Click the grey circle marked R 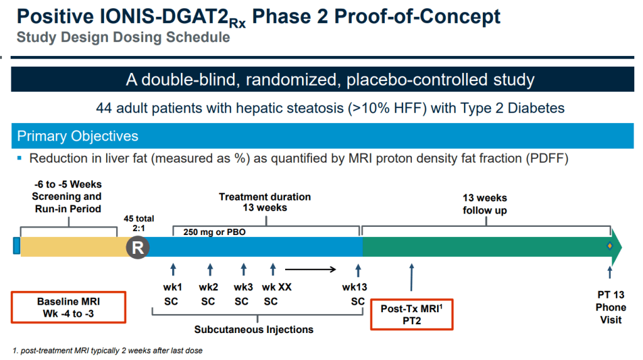tap(138, 248)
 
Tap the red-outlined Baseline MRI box tap(69, 308)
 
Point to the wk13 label tap(355, 287)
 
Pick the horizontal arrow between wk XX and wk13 tap(311, 271)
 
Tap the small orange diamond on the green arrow tap(609, 246)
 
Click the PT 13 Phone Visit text tap(611, 307)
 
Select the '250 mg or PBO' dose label tap(215, 232)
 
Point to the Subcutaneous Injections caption tap(254, 329)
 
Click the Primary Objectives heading tap(78, 136)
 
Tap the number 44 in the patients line tap(104, 108)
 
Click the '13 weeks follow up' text tap(485, 204)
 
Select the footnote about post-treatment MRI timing tap(107, 351)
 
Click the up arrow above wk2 tap(209, 270)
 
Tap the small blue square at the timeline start tap(16, 246)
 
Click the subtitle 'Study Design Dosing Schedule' tap(123, 37)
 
